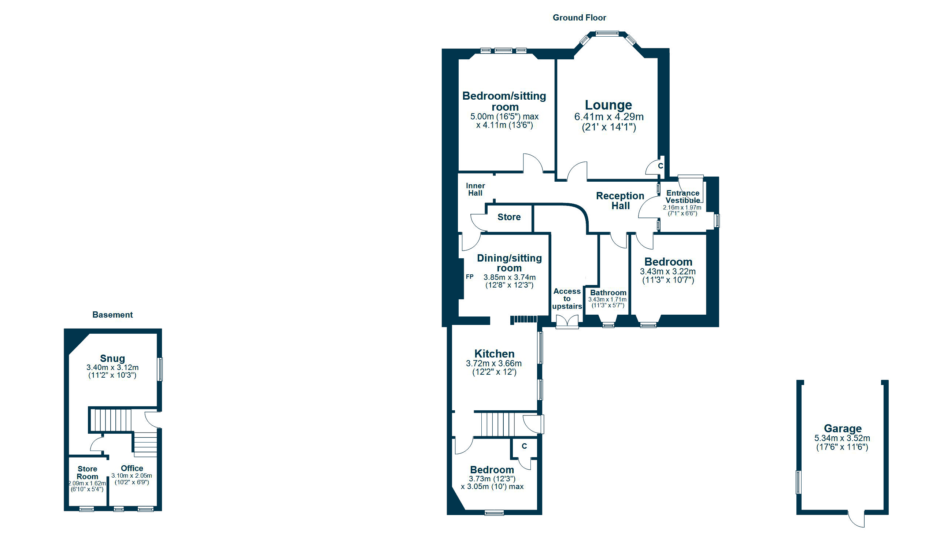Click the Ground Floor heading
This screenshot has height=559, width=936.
click(x=579, y=18)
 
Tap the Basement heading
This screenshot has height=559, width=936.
click(x=112, y=315)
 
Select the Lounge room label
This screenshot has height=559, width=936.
click(x=608, y=105)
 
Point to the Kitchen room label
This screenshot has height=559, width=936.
click(x=494, y=354)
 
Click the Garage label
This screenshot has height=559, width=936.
click(x=843, y=429)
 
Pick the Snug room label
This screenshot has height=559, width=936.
click(x=112, y=358)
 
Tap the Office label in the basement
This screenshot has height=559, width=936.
click(x=132, y=468)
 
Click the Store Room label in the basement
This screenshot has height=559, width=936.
click(x=88, y=473)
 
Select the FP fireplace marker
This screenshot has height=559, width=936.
click(x=470, y=277)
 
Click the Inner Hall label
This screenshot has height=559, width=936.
click(x=476, y=189)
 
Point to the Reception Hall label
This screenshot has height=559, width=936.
click(x=620, y=201)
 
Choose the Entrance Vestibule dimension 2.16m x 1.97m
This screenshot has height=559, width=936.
click(x=682, y=208)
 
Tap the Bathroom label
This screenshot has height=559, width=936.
click(x=608, y=293)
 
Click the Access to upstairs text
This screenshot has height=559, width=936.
click(x=567, y=299)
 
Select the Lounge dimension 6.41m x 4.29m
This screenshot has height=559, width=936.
click(x=609, y=117)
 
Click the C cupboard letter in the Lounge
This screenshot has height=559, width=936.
click(x=660, y=166)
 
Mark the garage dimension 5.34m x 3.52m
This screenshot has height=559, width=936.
click(x=842, y=438)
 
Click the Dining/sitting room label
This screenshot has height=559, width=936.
click(x=509, y=263)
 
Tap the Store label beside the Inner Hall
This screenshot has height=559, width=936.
click(x=509, y=217)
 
